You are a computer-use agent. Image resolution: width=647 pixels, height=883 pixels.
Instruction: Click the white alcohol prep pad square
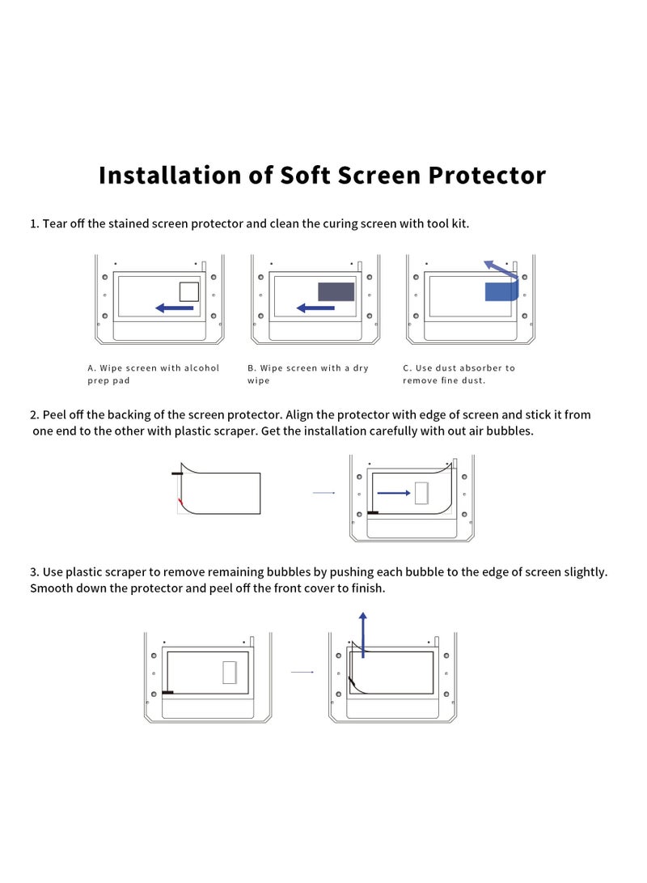(x=188, y=291)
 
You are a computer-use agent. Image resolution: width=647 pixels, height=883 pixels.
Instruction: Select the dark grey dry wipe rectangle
(x=336, y=291)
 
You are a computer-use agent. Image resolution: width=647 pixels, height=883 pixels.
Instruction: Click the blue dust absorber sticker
(x=501, y=291)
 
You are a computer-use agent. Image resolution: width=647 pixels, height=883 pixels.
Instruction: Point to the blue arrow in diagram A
(x=174, y=308)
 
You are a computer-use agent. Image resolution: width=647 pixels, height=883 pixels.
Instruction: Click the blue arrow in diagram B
(x=315, y=308)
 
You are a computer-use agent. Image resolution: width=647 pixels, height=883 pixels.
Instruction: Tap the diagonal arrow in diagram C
(x=501, y=270)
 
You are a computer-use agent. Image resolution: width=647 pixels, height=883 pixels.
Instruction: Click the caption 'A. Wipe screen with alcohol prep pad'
(x=154, y=374)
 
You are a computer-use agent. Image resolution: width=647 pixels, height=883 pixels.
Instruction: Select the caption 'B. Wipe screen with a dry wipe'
(x=308, y=374)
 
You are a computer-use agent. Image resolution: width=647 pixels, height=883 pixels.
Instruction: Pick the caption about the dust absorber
(x=459, y=374)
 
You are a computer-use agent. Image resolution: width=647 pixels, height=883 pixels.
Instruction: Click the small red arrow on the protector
(x=180, y=504)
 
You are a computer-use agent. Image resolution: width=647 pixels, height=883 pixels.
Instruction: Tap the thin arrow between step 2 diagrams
(x=323, y=492)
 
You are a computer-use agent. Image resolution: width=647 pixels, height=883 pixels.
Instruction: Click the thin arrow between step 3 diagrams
(x=302, y=672)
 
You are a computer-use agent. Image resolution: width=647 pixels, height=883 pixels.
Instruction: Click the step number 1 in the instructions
(x=34, y=223)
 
